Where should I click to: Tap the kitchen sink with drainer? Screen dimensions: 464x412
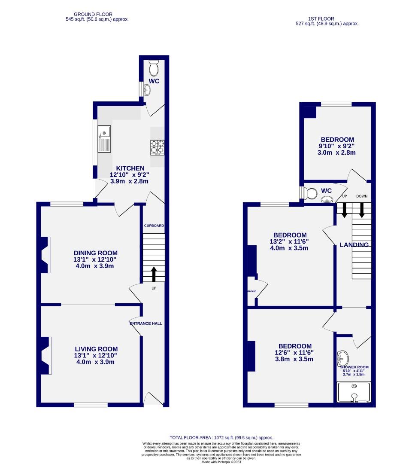pos(104,139)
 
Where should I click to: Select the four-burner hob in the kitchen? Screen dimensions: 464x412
pos(157,147)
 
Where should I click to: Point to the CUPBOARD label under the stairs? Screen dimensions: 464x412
pos(154,226)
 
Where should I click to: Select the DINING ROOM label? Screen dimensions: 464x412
pos(95,253)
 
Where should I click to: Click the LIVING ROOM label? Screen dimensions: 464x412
pos(96,349)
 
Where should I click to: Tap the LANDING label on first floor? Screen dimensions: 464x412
pos(354,245)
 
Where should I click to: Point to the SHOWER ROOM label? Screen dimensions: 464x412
pos(354,367)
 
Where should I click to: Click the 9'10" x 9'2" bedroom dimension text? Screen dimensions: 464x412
pos(337,146)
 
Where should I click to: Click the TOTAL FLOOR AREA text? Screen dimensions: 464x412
pos(221,437)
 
